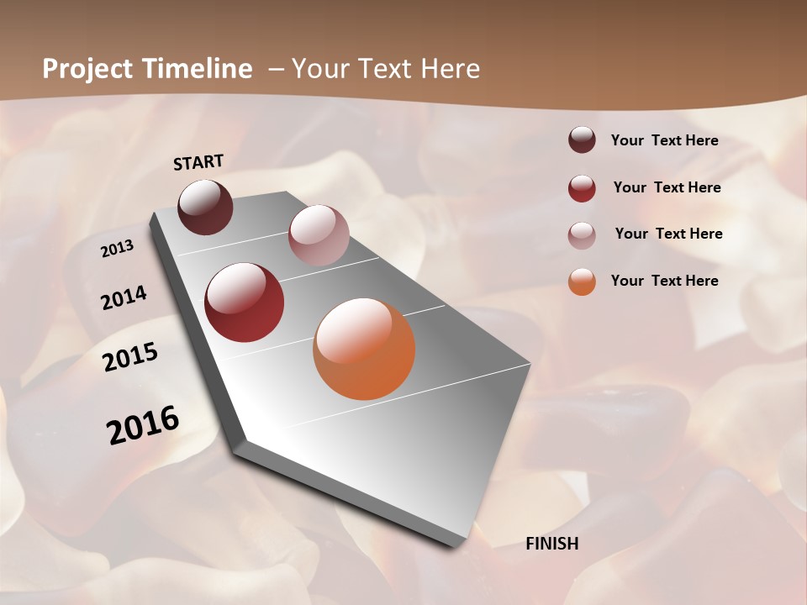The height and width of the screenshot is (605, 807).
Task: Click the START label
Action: (x=198, y=162)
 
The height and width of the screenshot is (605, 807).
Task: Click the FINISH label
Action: (x=551, y=544)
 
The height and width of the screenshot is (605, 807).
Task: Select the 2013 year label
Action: (x=117, y=249)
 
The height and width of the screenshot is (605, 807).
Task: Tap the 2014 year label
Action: (x=124, y=297)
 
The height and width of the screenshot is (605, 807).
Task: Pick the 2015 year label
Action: (x=130, y=357)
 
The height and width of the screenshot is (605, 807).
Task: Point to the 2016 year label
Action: (x=143, y=425)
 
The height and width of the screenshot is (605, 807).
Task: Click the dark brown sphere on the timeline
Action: (x=206, y=207)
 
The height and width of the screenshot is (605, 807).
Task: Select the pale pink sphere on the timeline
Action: (x=319, y=235)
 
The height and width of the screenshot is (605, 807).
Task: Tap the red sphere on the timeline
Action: (x=245, y=302)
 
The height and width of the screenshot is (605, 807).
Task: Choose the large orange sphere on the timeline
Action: (x=364, y=349)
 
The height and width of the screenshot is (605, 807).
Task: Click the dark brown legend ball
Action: (x=582, y=139)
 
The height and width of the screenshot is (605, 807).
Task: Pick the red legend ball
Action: (x=582, y=188)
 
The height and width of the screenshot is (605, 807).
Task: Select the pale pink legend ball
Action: (x=582, y=234)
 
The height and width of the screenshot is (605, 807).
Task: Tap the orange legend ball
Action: (x=582, y=281)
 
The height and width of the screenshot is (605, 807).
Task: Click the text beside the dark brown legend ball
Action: (x=664, y=140)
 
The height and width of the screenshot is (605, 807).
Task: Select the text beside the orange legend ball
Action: (x=664, y=281)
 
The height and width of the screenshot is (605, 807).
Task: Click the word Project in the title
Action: (x=88, y=70)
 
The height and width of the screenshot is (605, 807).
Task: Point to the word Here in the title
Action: (x=450, y=69)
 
